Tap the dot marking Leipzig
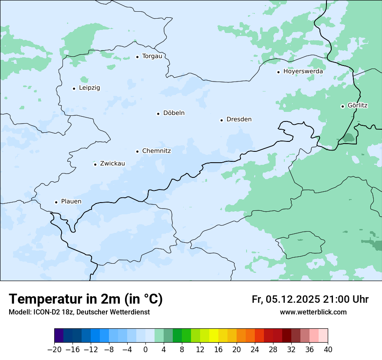(74, 88)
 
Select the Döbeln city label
(174, 113)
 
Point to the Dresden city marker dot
(221, 120)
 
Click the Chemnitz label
(156, 151)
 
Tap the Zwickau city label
(112, 164)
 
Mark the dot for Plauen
(56, 202)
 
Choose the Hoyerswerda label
(303, 71)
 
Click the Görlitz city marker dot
(342, 106)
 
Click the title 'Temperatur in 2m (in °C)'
(86, 299)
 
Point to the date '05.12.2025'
(293, 299)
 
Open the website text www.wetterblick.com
(313, 312)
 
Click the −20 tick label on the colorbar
(54, 350)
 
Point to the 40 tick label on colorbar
(328, 350)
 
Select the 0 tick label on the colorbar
(145, 350)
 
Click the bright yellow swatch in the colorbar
(214, 336)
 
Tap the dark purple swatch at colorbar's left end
(59, 336)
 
